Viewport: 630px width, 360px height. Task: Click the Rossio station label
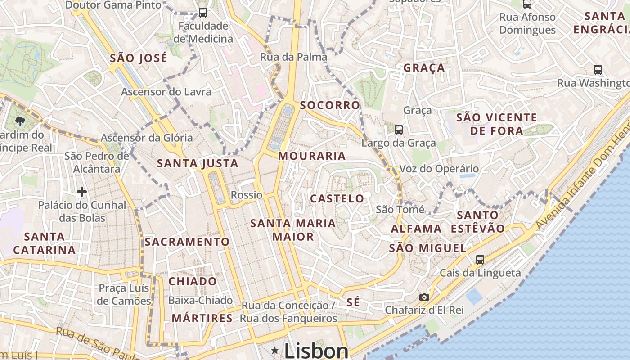246,195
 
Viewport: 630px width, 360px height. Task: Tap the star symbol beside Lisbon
274,350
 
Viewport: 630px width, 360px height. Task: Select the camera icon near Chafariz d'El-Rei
424,297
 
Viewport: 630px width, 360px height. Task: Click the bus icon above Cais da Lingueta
480,260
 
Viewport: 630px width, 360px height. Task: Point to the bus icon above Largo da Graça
398,130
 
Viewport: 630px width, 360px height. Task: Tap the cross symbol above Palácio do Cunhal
81,192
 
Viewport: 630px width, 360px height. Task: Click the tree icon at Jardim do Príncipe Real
19,121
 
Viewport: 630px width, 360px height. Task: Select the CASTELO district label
337,198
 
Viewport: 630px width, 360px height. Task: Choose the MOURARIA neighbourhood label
312,156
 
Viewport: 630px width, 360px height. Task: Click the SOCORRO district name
330,105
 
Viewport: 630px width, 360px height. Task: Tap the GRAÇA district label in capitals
424,68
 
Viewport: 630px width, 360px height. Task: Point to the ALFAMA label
416,229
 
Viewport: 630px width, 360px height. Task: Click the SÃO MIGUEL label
427,248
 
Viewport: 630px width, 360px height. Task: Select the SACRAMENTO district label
187,242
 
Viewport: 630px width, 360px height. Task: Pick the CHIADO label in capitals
193,282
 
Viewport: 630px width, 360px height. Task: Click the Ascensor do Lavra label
166,92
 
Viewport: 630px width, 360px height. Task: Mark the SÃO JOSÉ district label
139,58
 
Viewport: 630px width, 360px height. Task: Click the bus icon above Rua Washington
598,70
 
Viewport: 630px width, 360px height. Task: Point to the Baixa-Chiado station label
200,300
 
